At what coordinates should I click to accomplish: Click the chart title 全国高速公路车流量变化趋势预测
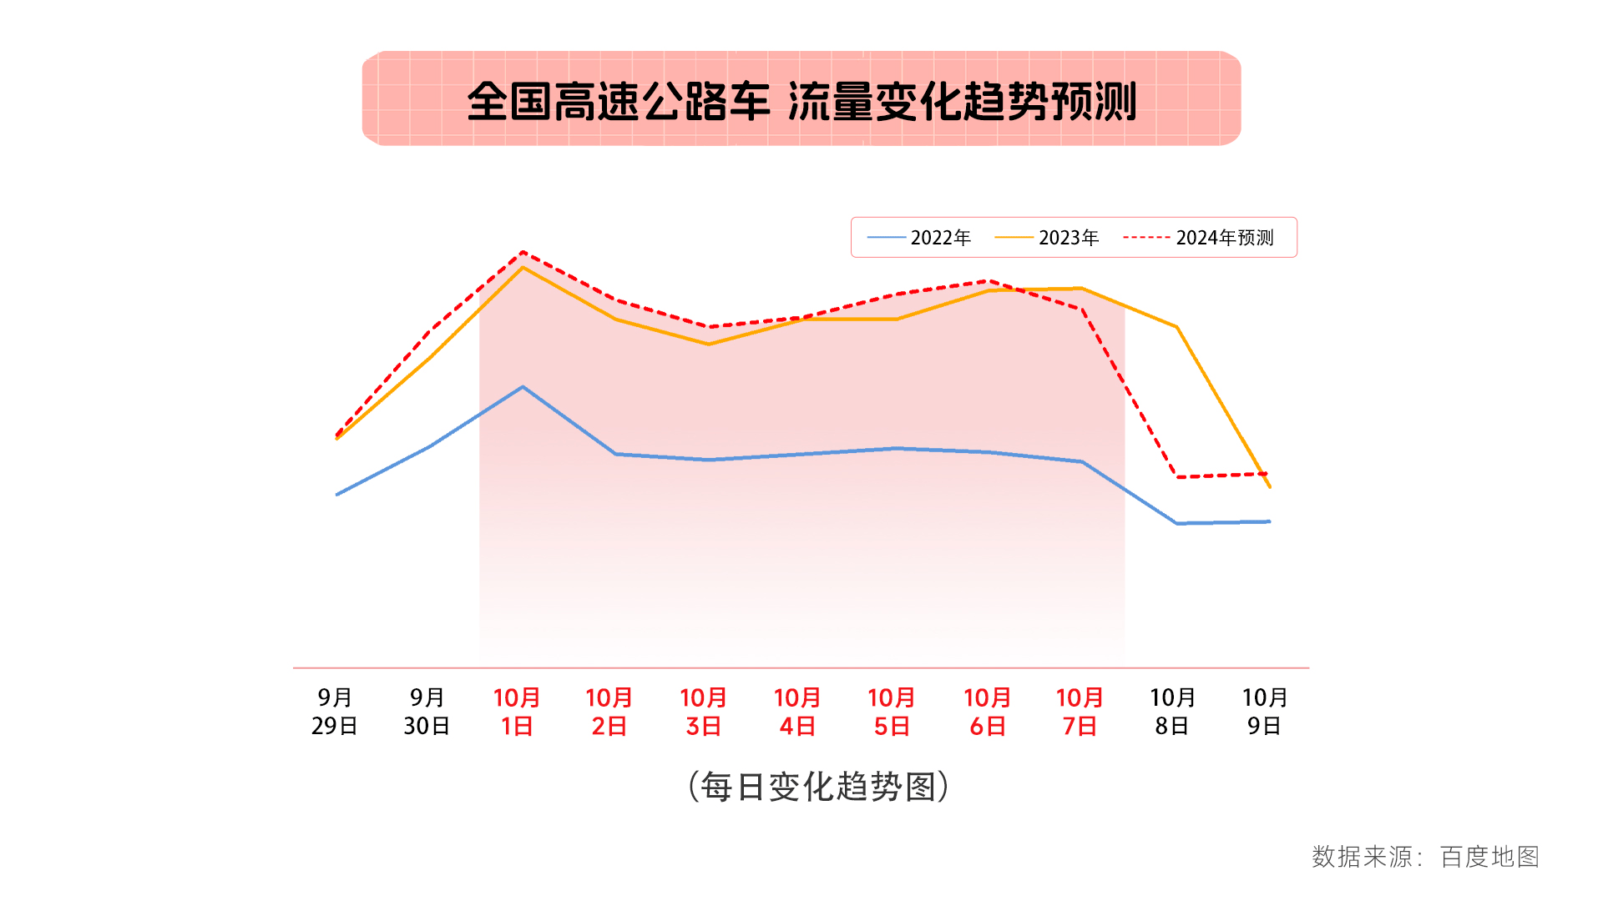click(801, 101)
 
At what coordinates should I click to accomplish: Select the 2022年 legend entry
click(919, 238)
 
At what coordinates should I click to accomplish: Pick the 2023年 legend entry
click(1047, 238)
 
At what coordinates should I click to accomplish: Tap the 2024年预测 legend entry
click(1199, 238)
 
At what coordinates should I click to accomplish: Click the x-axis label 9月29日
click(335, 712)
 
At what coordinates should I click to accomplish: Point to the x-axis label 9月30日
click(427, 712)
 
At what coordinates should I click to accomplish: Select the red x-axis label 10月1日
click(517, 712)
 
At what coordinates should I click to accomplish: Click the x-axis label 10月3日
click(703, 712)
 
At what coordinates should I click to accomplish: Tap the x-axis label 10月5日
click(891, 712)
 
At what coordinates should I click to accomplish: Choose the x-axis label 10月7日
click(1080, 712)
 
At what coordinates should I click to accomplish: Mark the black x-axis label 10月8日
click(1172, 712)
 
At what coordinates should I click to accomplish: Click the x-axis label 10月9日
click(1265, 712)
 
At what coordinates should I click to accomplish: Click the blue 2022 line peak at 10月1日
click(523, 387)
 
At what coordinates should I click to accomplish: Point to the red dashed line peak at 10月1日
click(523, 252)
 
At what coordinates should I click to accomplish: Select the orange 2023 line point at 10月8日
click(1176, 327)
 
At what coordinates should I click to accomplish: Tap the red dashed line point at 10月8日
click(1176, 476)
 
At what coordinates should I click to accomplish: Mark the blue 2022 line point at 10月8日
click(1176, 523)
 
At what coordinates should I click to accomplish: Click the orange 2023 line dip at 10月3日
click(709, 344)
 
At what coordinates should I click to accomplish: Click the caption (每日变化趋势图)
click(818, 787)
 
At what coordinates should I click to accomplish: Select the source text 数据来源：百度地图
click(1425, 857)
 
